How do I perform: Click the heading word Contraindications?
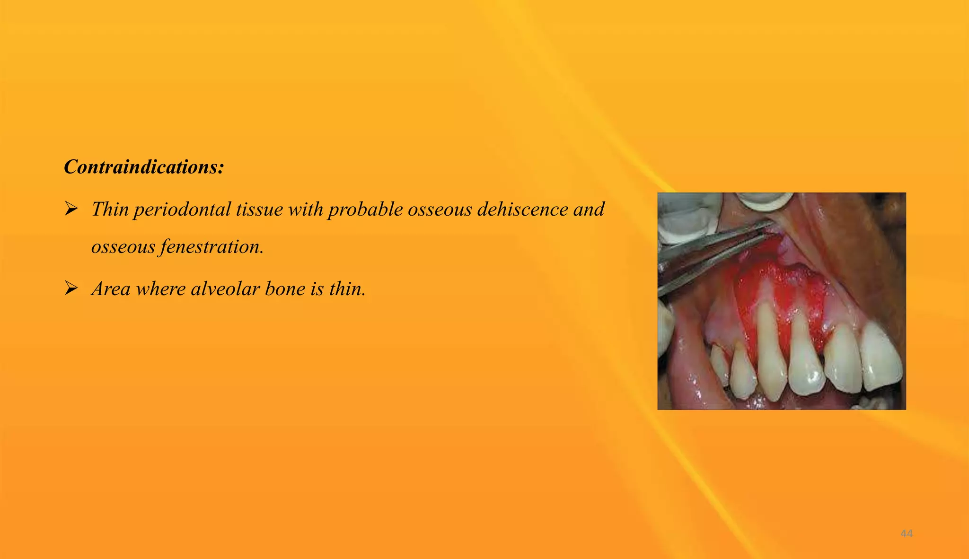click(143, 167)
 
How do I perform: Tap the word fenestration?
click(212, 246)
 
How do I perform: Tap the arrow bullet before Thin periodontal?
click(71, 208)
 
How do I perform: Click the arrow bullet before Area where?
click(71, 288)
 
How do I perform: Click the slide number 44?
click(906, 533)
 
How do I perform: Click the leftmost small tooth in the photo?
click(719, 364)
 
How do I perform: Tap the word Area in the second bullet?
click(111, 289)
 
